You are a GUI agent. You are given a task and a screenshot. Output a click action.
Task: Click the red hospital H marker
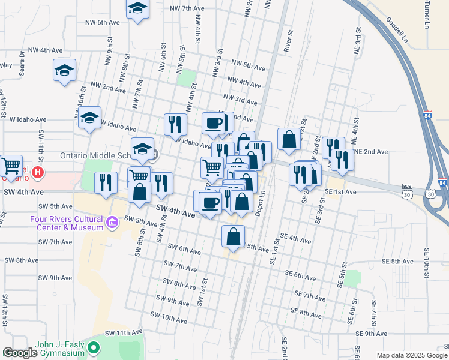click(x=38, y=173)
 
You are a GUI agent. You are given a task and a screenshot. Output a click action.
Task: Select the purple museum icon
click(x=112, y=224)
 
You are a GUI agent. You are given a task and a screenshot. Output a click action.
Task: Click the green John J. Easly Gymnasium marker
click(x=93, y=347)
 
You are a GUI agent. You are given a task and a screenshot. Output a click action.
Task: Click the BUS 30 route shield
click(x=408, y=190)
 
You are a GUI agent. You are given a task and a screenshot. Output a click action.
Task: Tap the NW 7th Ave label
click(x=188, y=8)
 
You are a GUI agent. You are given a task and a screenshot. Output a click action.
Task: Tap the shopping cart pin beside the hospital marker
click(x=11, y=166)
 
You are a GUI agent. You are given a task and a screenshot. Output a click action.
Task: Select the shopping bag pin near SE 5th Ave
click(x=233, y=236)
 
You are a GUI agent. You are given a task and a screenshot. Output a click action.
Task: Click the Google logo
click(x=20, y=353)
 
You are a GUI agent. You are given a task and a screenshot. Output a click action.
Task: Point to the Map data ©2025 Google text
click(x=412, y=355)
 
